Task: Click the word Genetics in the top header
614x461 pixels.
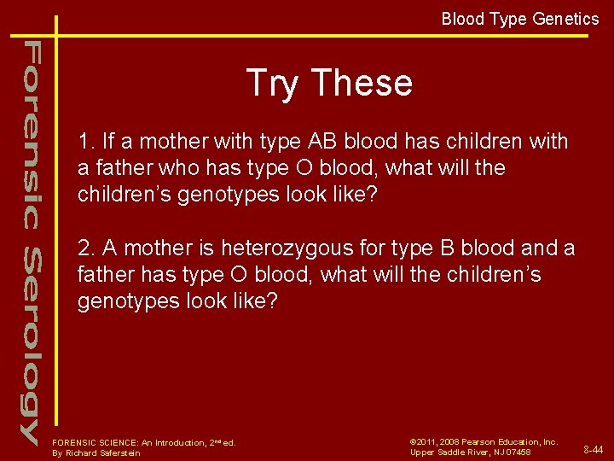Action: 566,19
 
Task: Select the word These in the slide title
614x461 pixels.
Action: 362,84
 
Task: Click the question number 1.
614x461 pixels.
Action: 84,142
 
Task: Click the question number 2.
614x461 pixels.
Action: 84,248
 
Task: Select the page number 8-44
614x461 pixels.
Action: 594,449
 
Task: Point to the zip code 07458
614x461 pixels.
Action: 517,452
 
